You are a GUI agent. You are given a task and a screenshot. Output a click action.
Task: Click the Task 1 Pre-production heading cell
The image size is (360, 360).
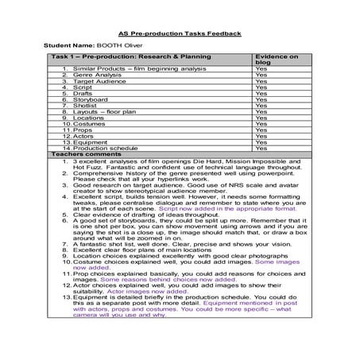[131, 58]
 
